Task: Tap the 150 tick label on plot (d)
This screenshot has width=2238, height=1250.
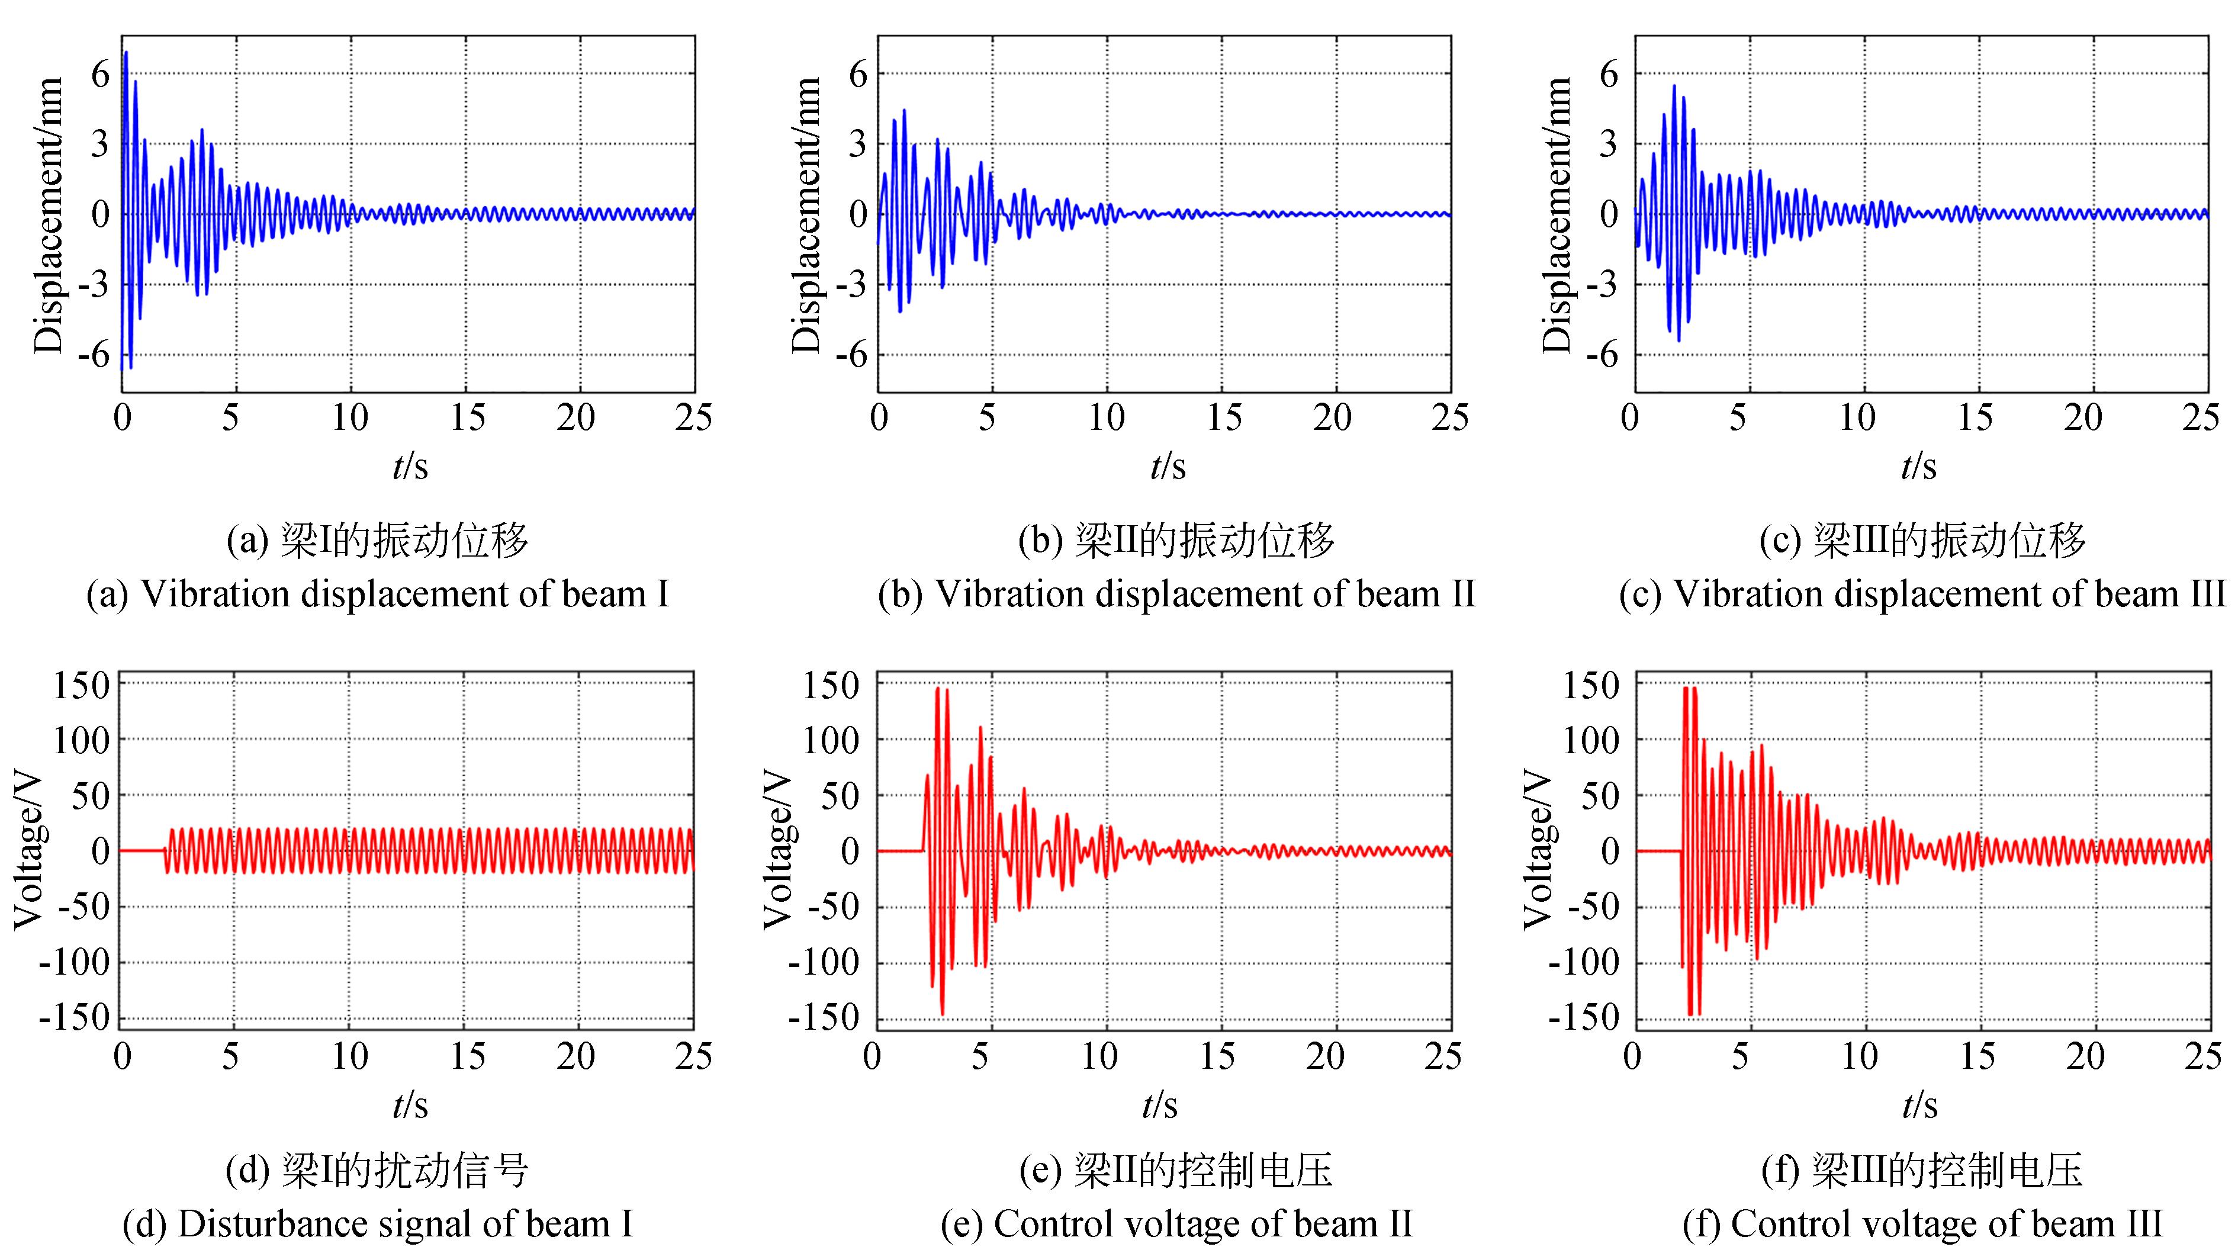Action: pyautogui.click(x=81, y=685)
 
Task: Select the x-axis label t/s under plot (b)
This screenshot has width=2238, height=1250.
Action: pyautogui.click(x=1167, y=467)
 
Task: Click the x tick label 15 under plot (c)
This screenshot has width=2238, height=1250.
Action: pyautogui.click(x=1974, y=419)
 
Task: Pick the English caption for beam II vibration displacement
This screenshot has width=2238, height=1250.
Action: pyautogui.click(x=1176, y=594)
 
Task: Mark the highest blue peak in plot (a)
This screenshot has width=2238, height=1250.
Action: pyautogui.click(x=126, y=53)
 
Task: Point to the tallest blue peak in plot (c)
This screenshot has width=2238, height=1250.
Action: pyautogui.click(x=1674, y=86)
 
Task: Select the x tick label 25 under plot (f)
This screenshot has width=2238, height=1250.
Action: pyautogui.click(x=2203, y=1056)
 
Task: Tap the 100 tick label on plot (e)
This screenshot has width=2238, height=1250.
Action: pyautogui.click(x=829, y=740)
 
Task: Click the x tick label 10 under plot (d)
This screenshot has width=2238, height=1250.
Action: pyautogui.click(x=349, y=1056)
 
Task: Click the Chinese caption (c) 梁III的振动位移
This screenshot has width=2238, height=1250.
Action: pyautogui.click(x=1922, y=540)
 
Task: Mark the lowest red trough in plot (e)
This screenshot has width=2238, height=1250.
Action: pyautogui.click(x=942, y=1014)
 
